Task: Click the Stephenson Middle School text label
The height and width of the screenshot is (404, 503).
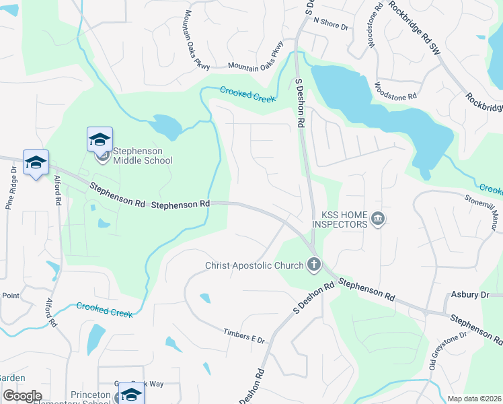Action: coord(142,156)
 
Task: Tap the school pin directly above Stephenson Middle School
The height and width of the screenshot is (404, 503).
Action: coord(100,140)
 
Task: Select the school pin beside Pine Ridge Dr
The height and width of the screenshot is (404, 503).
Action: coord(36,162)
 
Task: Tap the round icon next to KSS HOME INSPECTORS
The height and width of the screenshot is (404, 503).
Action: coord(377,219)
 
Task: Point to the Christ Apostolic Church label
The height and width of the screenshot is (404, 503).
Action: coord(254,265)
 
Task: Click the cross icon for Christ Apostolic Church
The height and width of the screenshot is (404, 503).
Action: coord(313,265)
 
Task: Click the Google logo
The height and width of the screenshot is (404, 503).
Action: coord(22,396)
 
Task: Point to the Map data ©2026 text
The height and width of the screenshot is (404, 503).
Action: coord(473,399)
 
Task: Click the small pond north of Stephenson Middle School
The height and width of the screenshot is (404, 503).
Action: coord(165,125)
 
